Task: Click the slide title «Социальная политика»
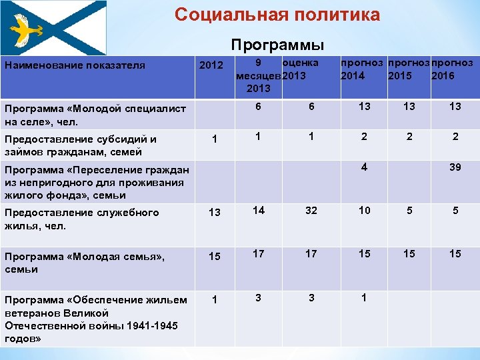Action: click(x=277, y=15)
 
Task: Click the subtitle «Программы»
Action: click(x=277, y=45)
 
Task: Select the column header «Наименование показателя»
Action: click(x=75, y=65)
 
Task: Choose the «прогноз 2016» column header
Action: click(x=452, y=69)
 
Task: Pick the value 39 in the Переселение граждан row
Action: click(x=455, y=167)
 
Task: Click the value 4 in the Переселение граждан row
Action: click(x=364, y=167)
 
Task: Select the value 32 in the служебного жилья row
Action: click(x=309, y=211)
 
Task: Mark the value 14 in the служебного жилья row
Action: click(x=258, y=210)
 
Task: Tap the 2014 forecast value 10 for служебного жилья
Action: click(x=364, y=211)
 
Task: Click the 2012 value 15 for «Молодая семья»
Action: click(x=214, y=257)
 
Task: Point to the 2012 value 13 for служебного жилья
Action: click(x=214, y=213)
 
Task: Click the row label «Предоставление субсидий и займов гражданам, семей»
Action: click(x=80, y=145)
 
